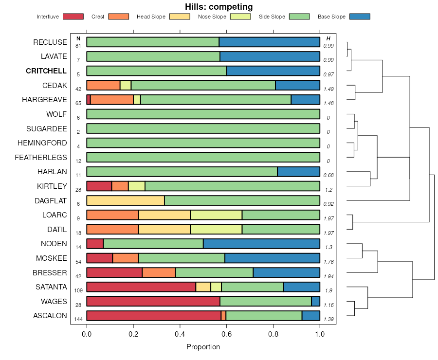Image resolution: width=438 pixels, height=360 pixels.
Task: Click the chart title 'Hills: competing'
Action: coord(219,7)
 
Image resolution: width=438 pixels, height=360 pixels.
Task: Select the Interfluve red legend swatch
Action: coord(73,17)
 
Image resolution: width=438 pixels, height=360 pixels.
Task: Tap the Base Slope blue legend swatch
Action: coord(360,17)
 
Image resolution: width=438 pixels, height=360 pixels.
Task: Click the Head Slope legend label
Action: coord(150,17)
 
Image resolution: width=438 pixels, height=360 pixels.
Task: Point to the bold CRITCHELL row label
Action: coord(46,71)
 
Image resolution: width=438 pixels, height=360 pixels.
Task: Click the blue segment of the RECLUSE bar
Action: coord(269,42)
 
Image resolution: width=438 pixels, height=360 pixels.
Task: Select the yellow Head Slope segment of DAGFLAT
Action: coord(125,200)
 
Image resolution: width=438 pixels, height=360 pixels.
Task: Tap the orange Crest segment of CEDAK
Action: coord(103,85)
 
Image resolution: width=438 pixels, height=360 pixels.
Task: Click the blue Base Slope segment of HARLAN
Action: coord(298,172)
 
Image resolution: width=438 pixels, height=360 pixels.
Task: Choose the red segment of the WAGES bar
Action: coord(153,302)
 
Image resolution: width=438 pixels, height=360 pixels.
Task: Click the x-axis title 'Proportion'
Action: coord(203,347)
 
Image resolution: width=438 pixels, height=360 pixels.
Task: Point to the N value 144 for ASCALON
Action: coord(78,319)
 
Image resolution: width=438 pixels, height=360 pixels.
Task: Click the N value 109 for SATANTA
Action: coord(78,290)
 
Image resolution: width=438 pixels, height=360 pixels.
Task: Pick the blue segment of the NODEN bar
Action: coord(261,244)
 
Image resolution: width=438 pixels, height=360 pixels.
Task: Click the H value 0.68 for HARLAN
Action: coord(328,175)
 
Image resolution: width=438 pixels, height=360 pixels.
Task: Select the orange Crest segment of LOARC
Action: coord(112,215)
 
